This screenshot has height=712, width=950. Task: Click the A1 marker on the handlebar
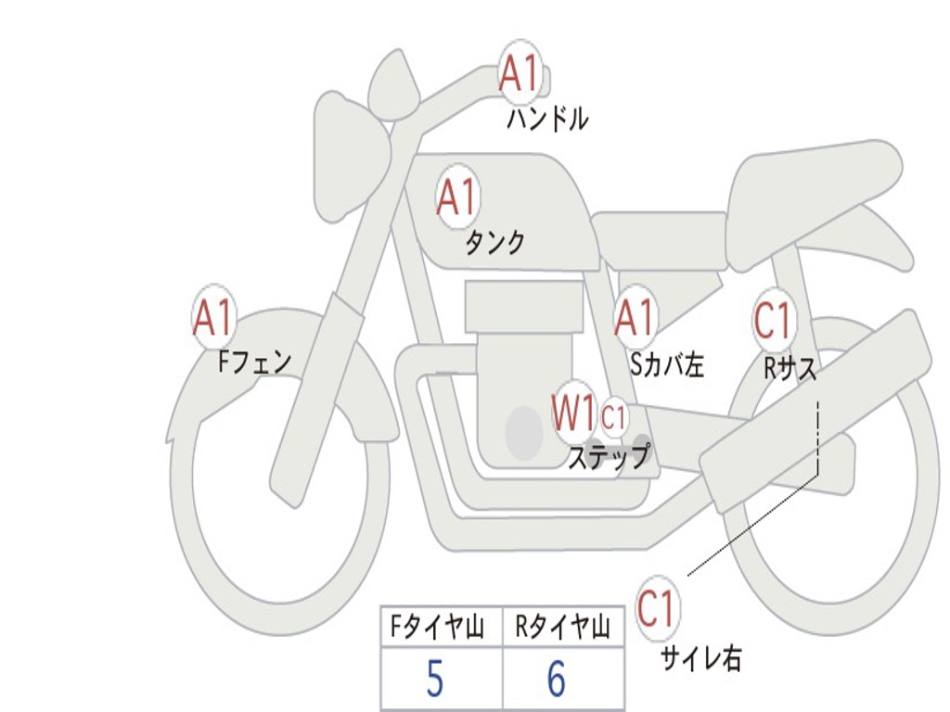pyautogui.click(x=520, y=71)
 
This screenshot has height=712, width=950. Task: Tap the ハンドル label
pyautogui.click(x=547, y=118)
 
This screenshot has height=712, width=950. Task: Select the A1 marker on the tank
pyautogui.click(x=457, y=197)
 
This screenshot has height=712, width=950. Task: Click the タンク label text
pyautogui.click(x=494, y=242)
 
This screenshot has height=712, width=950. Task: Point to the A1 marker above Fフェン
pyautogui.click(x=213, y=317)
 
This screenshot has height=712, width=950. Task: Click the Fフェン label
pyautogui.click(x=254, y=362)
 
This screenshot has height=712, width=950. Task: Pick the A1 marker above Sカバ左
pyautogui.click(x=635, y=317)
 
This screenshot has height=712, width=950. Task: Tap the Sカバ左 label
pyautogui.click(x=667, y=364)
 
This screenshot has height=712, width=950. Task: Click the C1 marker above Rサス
pyautogui.click(x=774, y=319)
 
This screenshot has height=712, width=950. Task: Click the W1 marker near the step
pyautogui.click(x=573, y=413)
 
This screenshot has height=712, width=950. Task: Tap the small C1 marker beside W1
pyautogui.click(x=613, y=417)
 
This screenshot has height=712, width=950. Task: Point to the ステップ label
pyautogui.click(x=609, y=456)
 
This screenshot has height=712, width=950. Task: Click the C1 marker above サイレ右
pyautogui.click(x=657, y=607)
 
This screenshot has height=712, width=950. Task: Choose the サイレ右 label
pyautogui.click(x=701, y=657)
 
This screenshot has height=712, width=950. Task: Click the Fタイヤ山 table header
pyautogui.click(x=437, y=627)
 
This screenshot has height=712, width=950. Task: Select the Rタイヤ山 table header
pyautogui.click(x=562, y=627)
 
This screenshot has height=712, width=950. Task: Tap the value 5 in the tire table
pyautogui.click(x=435, y=679)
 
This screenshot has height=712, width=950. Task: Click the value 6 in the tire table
pyautogui.click(x=557, y=679)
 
